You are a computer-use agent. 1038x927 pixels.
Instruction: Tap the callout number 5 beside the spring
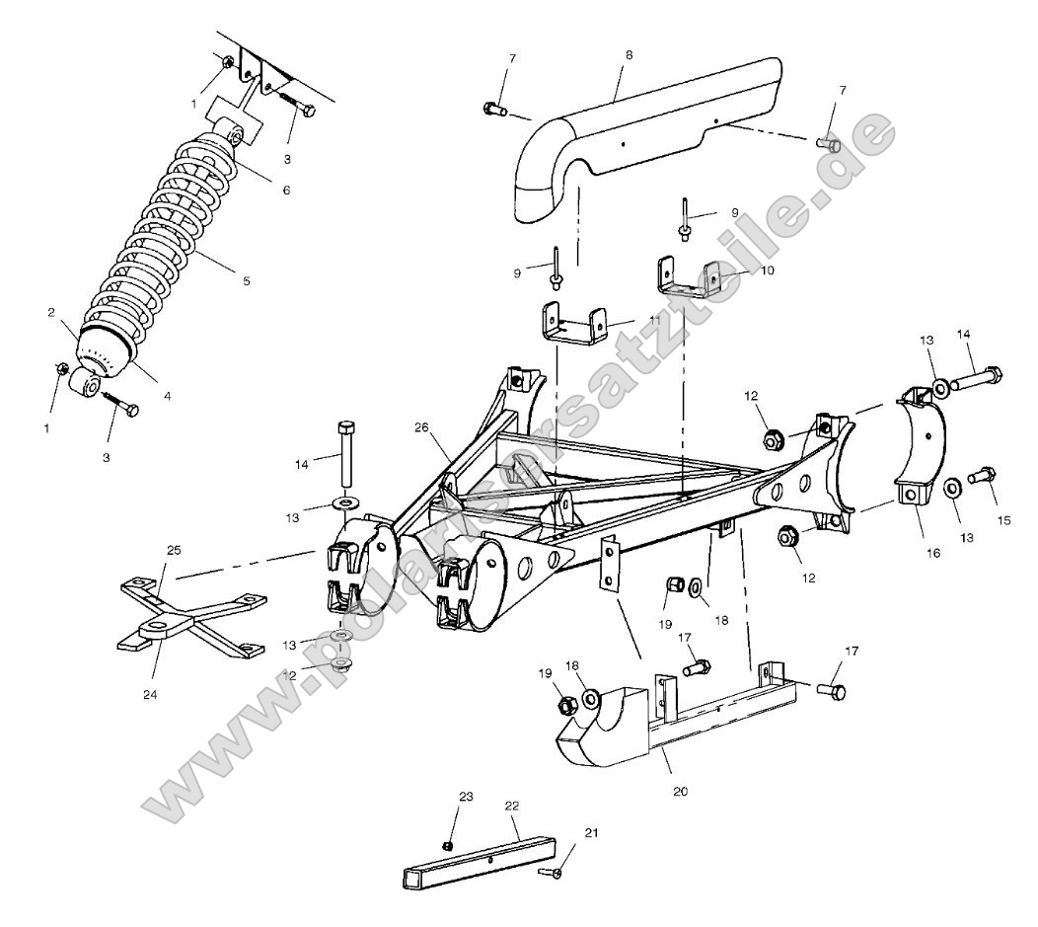coord(246,281)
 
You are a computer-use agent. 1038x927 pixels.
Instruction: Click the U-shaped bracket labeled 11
coord(573,325)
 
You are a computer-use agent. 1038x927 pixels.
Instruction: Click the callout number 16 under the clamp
coord(933,554)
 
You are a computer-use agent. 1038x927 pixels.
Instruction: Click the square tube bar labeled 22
coord(479,860)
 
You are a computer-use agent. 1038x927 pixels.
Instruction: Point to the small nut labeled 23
coord(446,845)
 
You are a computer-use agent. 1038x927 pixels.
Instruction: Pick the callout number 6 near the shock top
coord(286,191)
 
